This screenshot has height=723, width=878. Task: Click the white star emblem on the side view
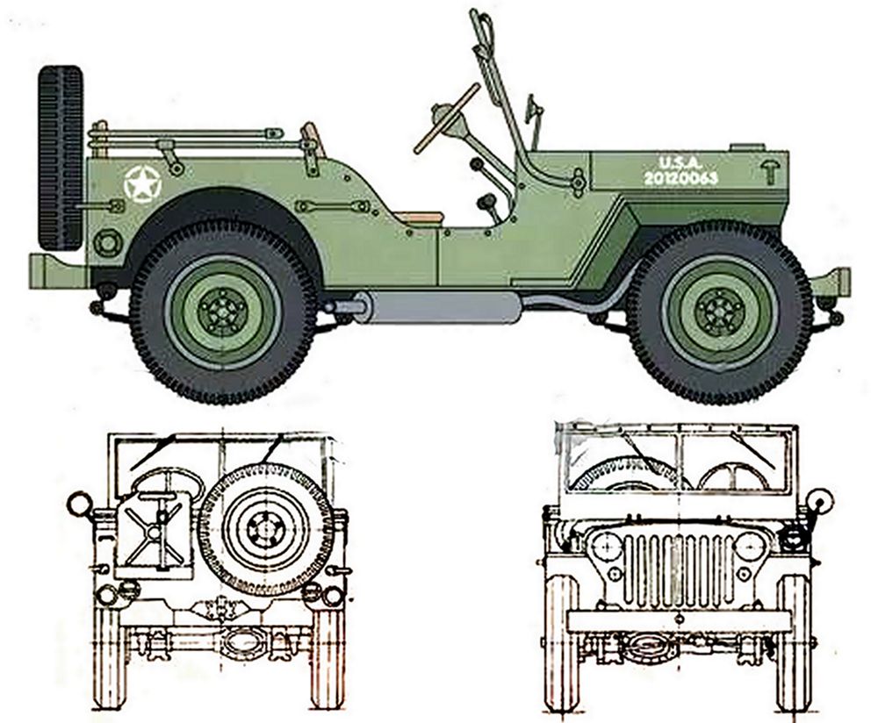(142, 183)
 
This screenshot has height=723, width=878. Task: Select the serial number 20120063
(680, 178)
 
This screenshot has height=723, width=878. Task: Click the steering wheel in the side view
(447, 118)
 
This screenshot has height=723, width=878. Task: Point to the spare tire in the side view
(61, 158)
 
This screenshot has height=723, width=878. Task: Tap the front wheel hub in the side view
(718, 310)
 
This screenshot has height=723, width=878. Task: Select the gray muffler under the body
(435, 306)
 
